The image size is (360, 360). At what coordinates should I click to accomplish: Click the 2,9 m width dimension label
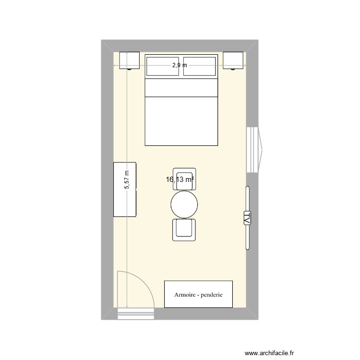pos(180,66)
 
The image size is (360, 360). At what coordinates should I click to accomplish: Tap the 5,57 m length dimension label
pos(127,180)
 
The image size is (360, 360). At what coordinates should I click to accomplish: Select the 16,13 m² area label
pos(180,180)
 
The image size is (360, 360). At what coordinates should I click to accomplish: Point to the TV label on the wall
pos(248,217)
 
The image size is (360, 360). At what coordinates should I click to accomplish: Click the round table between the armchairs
pos(184,204)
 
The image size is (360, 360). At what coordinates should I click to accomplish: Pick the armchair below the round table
pos(185,229)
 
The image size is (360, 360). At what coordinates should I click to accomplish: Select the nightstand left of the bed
pos(129,60)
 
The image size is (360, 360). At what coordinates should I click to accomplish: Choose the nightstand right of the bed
pos(233,60)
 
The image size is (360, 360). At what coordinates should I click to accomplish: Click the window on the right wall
pos(254,149)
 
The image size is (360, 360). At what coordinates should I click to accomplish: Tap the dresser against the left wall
pos(125,190)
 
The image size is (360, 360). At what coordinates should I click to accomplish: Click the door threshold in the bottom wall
pos(135,314)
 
